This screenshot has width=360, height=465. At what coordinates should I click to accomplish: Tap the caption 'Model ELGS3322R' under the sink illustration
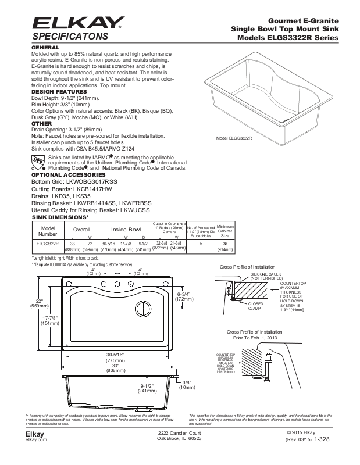(x=234, y=138)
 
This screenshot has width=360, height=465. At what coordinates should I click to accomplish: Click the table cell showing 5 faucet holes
(x=201, y=244)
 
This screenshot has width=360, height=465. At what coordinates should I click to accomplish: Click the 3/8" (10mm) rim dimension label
(x=186, y=384)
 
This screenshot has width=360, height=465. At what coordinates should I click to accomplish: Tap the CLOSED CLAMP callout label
(x=255, y=306)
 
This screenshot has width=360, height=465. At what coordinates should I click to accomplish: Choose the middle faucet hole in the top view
(x=117, y=283)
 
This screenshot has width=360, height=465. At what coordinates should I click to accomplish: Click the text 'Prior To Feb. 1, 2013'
(x=256, y=337)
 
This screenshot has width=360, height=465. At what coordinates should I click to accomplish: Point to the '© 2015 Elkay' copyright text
(x=301, y=434)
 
